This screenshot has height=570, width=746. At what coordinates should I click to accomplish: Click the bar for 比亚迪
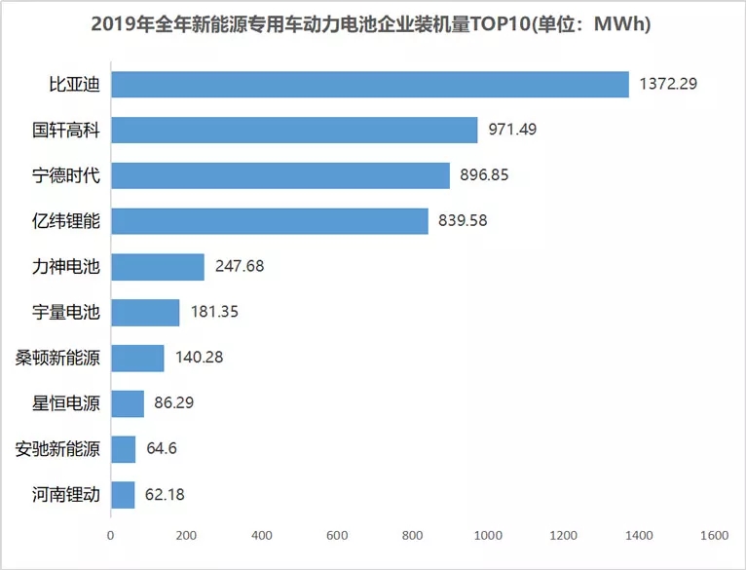370,84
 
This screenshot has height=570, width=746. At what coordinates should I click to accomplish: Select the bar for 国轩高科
294,130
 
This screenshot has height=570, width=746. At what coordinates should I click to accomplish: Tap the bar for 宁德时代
280,175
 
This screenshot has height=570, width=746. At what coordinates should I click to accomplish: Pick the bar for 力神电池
158,266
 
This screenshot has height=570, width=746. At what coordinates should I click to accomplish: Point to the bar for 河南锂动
123,495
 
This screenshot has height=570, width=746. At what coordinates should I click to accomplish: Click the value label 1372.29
668,84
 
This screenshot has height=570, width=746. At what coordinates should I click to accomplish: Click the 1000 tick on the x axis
488,536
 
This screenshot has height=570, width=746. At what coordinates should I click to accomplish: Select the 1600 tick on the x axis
714,536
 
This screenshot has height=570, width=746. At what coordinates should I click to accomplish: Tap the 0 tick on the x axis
111,536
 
